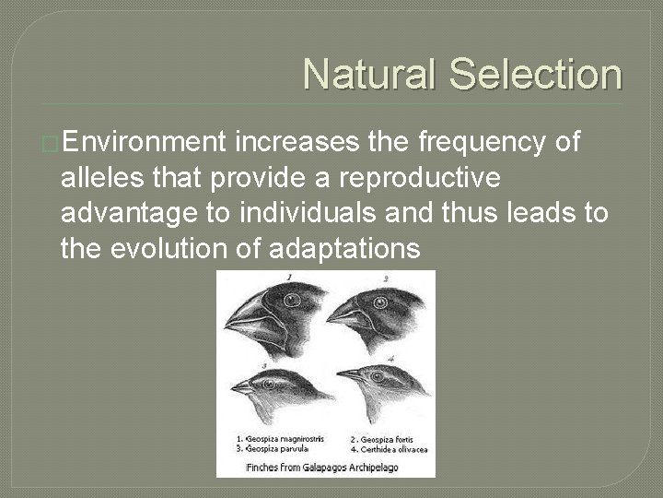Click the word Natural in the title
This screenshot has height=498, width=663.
(x=370, y=75)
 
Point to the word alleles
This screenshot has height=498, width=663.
(x=102, y=177)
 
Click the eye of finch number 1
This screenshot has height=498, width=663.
(x=293, y=300)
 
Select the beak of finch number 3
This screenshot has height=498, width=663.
(x=242, y=388)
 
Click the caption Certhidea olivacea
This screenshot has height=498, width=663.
(x=382, y=448)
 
